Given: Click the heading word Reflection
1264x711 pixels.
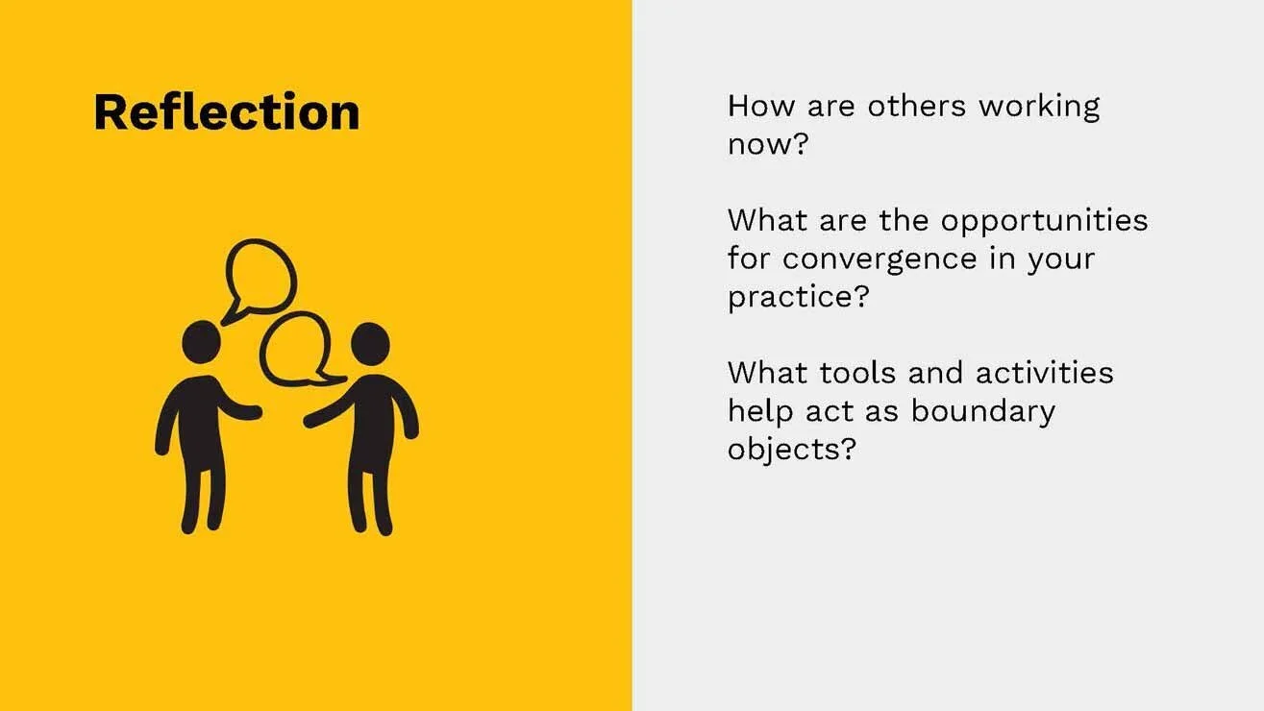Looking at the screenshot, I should (x=227, y=112).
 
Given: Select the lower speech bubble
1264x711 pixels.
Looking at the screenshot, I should (x=296, y=348).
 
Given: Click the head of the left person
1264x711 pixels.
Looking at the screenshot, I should (x=202, y=340).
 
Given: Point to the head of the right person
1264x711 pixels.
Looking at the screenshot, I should (x=369, y=343).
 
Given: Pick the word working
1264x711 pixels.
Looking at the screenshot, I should (x=1039, y=107).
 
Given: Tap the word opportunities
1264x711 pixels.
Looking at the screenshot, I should (x=1044, y=222).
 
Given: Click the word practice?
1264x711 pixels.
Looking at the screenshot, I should (x=798, y=297).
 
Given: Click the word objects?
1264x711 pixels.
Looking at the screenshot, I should (x=791, y=450).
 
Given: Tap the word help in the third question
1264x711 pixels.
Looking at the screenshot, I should (x=758, y=411).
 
